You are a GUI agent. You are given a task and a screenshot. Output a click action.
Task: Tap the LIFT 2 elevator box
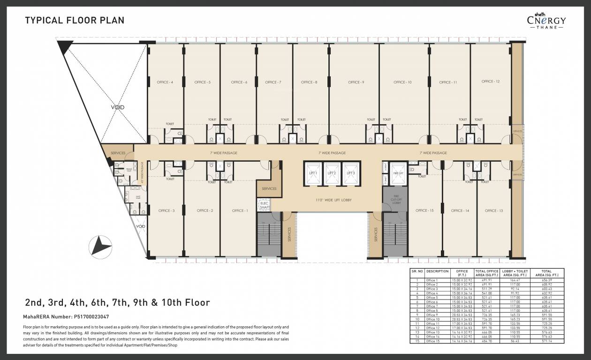[332, 173]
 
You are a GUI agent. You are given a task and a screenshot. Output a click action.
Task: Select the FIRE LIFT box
[398, 173]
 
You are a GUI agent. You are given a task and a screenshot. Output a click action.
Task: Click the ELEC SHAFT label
[264, 205]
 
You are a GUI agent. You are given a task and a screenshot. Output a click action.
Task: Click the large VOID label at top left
[118, 107]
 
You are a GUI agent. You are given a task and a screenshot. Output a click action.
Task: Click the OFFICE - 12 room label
[491, 82]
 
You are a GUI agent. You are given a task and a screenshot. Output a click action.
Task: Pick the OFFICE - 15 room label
[424, 211]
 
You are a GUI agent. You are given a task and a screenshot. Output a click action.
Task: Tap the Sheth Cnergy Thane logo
[546, 21]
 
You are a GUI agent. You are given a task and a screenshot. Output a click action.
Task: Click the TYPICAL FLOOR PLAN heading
[75, 21]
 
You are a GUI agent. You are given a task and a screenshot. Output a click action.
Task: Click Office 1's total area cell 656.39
[546, 280]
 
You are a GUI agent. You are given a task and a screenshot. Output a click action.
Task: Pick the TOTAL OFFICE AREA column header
[486, 273]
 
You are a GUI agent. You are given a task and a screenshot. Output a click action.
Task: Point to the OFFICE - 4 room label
[165, 82]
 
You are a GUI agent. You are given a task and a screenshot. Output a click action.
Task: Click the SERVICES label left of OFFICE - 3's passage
[118, 153]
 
